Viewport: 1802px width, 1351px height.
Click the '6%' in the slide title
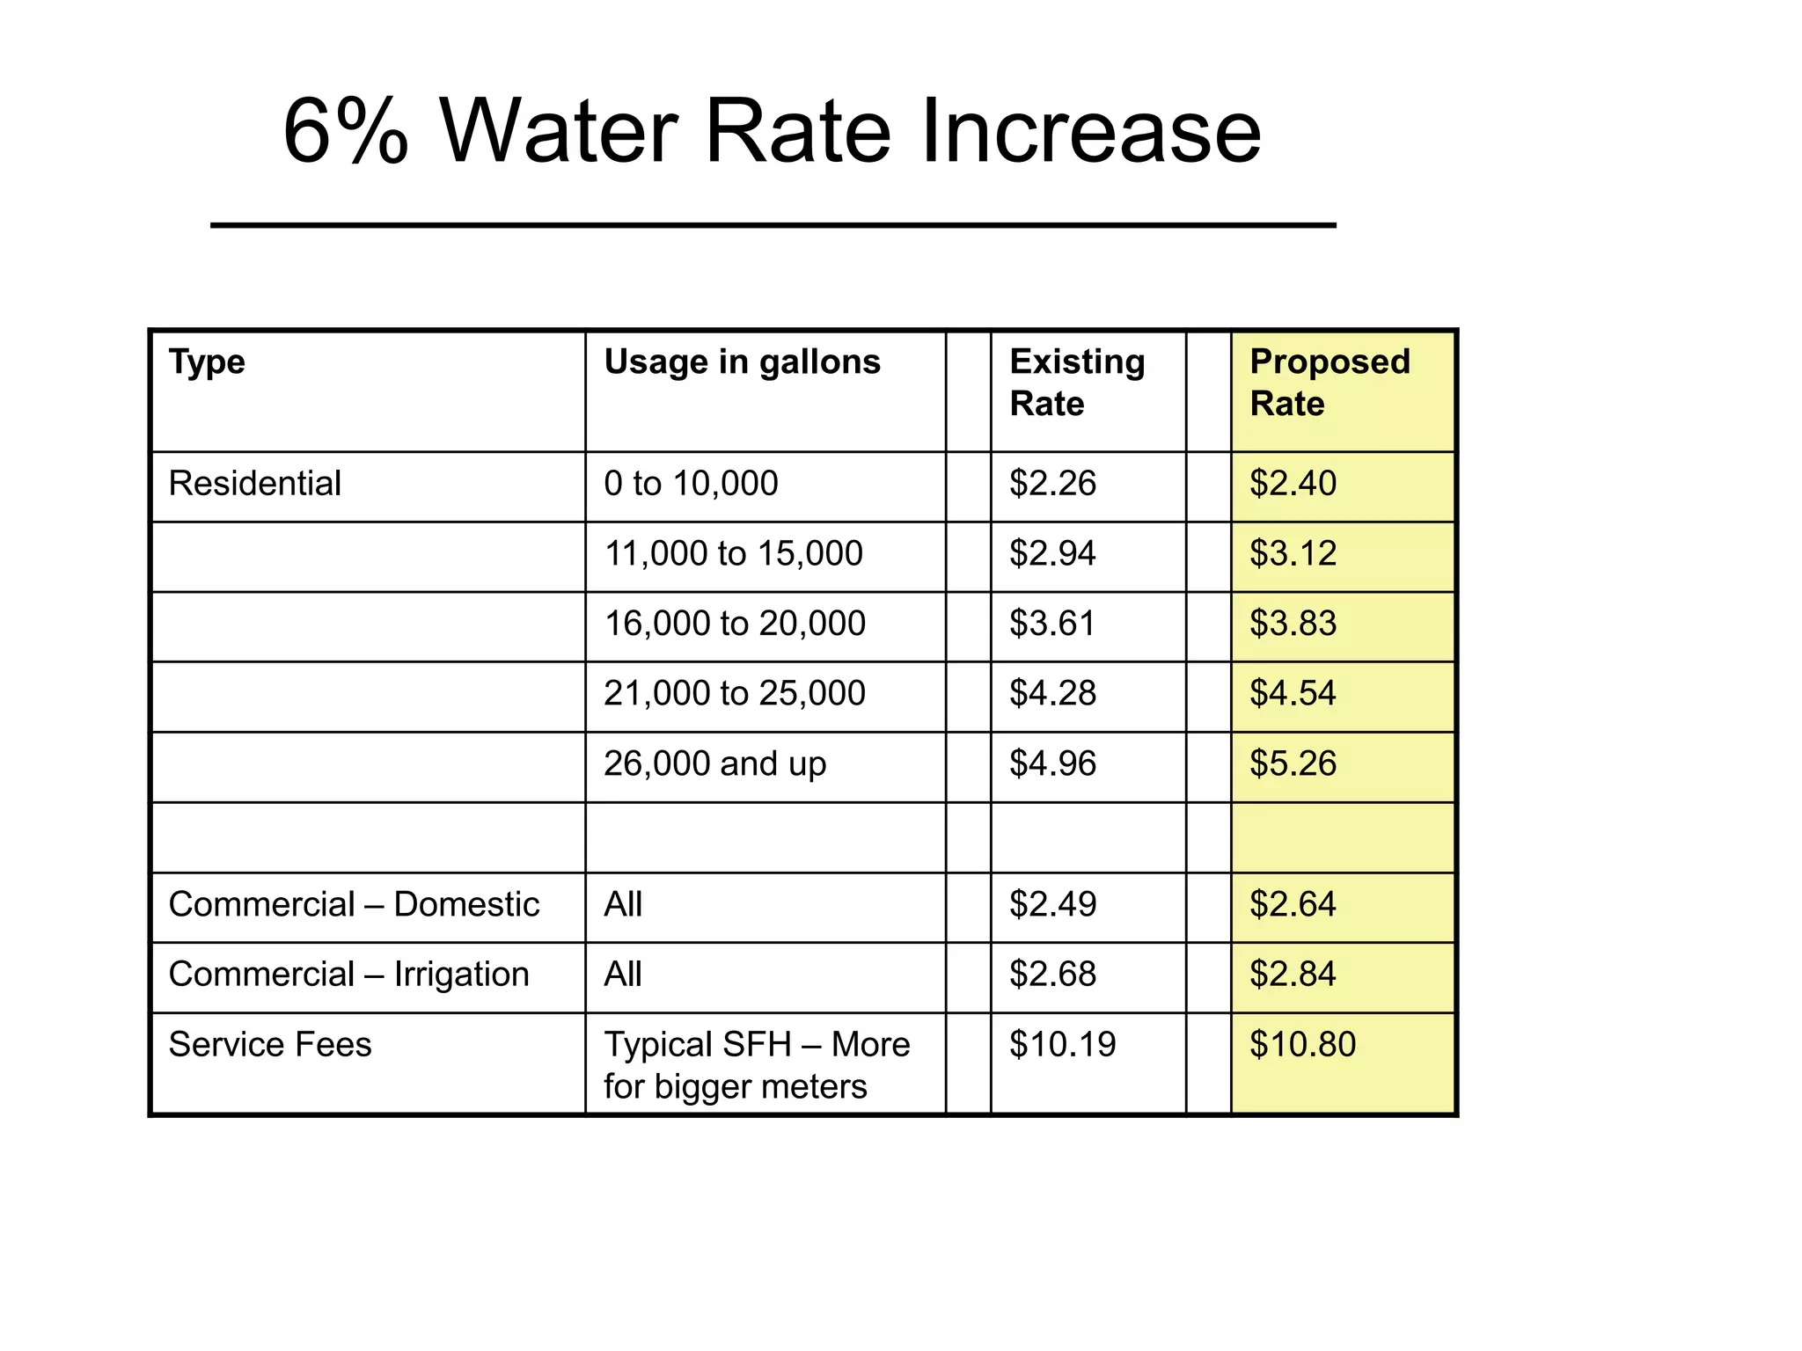pyautogui.click(x=346, y=132)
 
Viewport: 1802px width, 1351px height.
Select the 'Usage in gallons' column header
pyautogui.click(x=742, y=362)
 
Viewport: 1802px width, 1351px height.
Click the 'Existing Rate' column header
pyautogui.click(x=1077, y=383)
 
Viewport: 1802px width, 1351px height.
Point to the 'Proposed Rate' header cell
pyautogui.click(x=1330, y=383)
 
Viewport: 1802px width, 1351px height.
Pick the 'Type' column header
pyautogui.click(x=207, y=362)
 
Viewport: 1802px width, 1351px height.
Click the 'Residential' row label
pyautogui.click(x=254, y=484)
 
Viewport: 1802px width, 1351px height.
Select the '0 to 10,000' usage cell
pyautogui.click(x=691, y=484)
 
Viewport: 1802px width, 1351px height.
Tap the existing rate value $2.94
pyautogui.click(x=1052, y=553)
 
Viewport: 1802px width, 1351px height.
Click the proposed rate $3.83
pyautogui.click(x=1293, y=624)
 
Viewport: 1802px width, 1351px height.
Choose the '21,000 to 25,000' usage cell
pyautogui.click(x=735, y=694)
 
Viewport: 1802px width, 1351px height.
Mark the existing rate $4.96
pyautogui.click(x=1052, y=763)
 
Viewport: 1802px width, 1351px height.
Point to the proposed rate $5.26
pyautogui.click(x=1293, y=763)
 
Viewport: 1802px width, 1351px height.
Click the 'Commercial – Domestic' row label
pyautogui.click(x=354, y=904)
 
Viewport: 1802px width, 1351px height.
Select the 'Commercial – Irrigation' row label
pyautogui.click(x=348, y=975)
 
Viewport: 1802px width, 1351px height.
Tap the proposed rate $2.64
pyautogui.click(x=1293, y=904)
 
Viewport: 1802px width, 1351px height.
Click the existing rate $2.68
pyautogui.click(x=1052, y=975)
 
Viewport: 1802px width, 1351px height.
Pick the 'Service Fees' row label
pyautogui.click(x=270, y=1045)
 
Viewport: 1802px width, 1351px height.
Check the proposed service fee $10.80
pyautogui.click(x=1302, y=1045)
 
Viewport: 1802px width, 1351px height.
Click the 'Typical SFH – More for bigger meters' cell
pyautogui.click(x=756, y=1065)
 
